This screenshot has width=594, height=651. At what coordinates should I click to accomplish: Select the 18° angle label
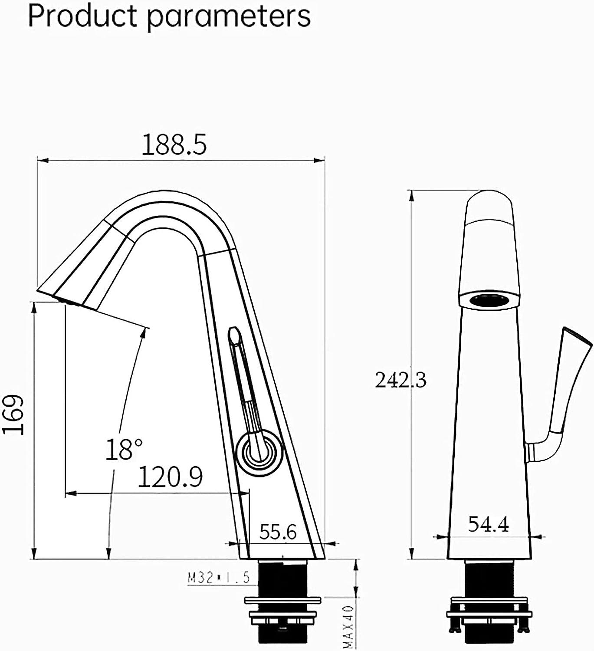[x=124, y=450]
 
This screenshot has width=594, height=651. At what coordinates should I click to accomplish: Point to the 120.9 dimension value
[x=171, y=477]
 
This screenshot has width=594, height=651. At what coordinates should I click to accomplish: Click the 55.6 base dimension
[x=278, y=532]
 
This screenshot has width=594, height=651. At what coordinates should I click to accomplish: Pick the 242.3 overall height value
[x=400, y=380]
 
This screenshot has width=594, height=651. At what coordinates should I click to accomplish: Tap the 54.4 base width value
[x=488, y=525]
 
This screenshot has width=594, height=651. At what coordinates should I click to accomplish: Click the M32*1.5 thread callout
[x=219, y=578]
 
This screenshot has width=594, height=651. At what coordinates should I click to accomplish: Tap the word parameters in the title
[x=229, y=17]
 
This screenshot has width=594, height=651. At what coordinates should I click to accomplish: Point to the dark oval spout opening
[x=489, y=300]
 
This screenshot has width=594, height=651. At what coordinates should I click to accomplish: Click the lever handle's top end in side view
[x=234, y=334]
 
